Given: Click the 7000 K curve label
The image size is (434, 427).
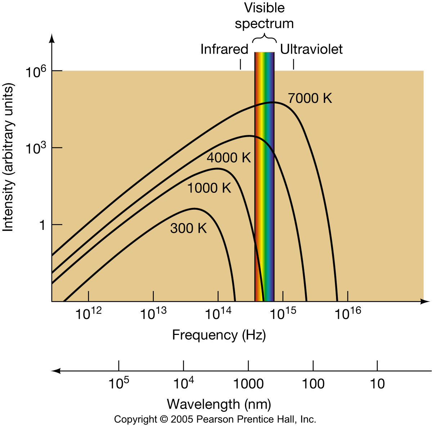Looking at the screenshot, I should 310,98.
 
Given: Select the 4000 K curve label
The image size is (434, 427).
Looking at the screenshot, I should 228,158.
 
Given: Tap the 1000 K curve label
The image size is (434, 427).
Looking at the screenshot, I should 209,188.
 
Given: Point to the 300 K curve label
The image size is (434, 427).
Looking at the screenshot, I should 188,228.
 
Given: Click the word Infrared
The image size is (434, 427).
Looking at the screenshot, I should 224,49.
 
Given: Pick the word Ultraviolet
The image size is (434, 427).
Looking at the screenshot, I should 311,49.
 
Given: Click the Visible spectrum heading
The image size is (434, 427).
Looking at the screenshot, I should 264,15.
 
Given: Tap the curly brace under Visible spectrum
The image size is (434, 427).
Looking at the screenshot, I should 264,38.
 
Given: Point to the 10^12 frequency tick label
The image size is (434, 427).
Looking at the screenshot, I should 88,313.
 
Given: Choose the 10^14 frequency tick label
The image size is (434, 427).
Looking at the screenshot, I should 218,313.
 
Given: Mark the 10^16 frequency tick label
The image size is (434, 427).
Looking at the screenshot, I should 348,313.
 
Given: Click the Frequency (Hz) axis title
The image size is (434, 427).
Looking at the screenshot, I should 219,335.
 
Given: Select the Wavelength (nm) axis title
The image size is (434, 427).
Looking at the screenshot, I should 219,404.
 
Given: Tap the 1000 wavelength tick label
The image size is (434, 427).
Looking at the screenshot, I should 248,384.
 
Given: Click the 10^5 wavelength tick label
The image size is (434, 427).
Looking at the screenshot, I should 118,383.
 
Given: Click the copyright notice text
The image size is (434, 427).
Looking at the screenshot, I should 215,419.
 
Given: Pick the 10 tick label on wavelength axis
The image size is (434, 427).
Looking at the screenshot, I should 377,384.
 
